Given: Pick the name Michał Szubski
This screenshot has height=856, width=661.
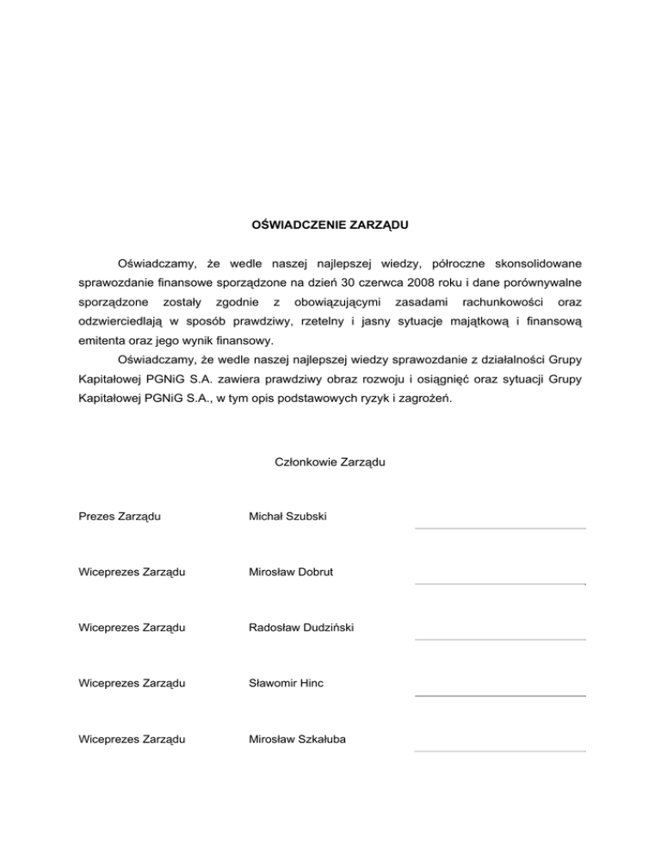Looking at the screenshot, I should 288,517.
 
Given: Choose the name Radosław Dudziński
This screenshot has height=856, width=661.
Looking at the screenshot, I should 300,628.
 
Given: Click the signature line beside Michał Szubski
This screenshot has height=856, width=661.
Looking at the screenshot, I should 500,528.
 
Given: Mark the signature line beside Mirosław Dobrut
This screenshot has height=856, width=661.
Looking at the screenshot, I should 500,584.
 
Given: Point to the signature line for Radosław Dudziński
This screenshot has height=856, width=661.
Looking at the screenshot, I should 500,640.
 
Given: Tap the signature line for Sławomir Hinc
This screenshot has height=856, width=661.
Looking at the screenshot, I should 500,695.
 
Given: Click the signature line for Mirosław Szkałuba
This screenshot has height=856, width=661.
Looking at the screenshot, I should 500,751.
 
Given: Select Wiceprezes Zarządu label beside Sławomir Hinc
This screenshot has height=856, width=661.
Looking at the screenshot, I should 133,684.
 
